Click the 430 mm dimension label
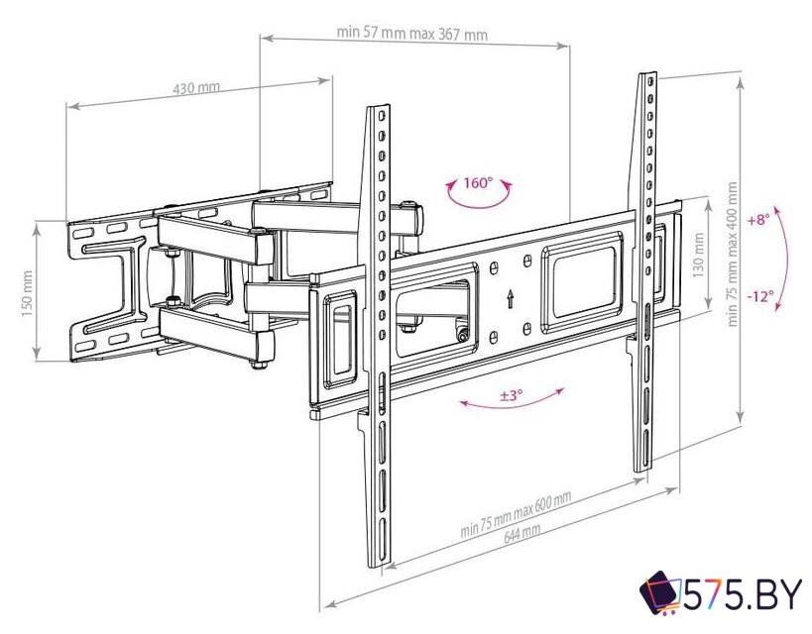pyautogui.click(x=196, y=89)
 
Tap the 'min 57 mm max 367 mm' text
pyautogui.click(x=411, y=33)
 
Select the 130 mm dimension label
pyautogui.click(x=698, y=254)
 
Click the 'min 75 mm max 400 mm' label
pyautogui.click(x=733, y=253)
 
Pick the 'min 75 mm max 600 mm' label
pyautogui.click(x=515, y=514)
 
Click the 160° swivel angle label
pyautogui.click(x=477, y=183)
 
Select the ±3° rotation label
pyautogui.click(x=511, y=394)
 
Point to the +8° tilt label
pyautogui.click(x=758, y=219)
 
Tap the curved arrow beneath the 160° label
pyautogui.click(x=477, y=198)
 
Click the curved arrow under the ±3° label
pyautogui.click(x=512, y=404)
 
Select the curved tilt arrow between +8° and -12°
pyautogui.click(x=787, y=258)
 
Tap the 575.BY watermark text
pyautogui.click(x=742, y=594)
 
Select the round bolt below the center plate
pyautogui.click(x=462, y=334)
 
